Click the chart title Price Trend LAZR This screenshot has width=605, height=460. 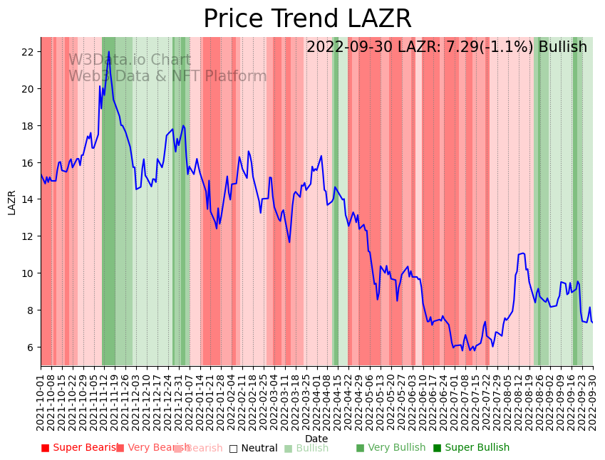307,19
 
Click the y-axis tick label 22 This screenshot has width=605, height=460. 27,52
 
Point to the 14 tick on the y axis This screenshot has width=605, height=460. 27,199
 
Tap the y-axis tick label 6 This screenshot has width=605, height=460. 31,347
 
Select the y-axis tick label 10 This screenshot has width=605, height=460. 27,273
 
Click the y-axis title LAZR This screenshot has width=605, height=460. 11,202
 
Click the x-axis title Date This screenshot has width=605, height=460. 316,439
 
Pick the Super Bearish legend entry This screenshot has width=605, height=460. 80,448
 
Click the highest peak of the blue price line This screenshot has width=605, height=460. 109,52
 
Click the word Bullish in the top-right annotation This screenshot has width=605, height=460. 562,47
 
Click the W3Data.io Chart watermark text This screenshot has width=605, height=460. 130,61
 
